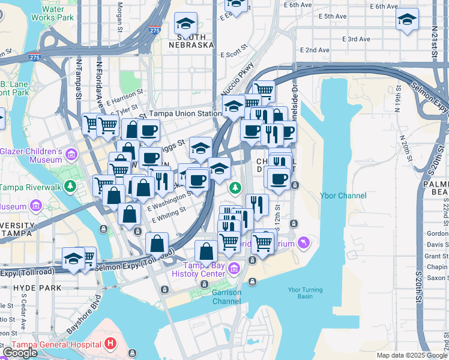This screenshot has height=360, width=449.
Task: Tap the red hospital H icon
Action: click(110, 344)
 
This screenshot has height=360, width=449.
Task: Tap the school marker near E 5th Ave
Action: click(407, 20)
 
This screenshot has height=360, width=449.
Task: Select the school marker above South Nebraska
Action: click(185, 23)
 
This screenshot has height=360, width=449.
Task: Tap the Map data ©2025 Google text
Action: click(412, 355)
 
